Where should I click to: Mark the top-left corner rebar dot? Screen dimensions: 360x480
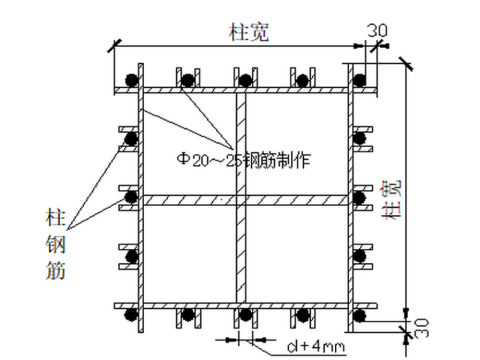[x=131, y=80]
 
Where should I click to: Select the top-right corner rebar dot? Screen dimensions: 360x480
[x=359, y=80]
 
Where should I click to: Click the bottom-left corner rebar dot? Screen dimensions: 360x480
[x=131, y=314]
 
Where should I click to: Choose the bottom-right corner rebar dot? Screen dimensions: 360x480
[x=359, y=314]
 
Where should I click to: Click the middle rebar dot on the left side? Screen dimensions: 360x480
[x=131, y=196]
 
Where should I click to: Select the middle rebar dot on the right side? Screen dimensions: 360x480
[x=359, y=196]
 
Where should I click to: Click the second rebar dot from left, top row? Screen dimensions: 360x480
[x=188, y=80]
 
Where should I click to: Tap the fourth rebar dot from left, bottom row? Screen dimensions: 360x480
[x=302, y=314]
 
